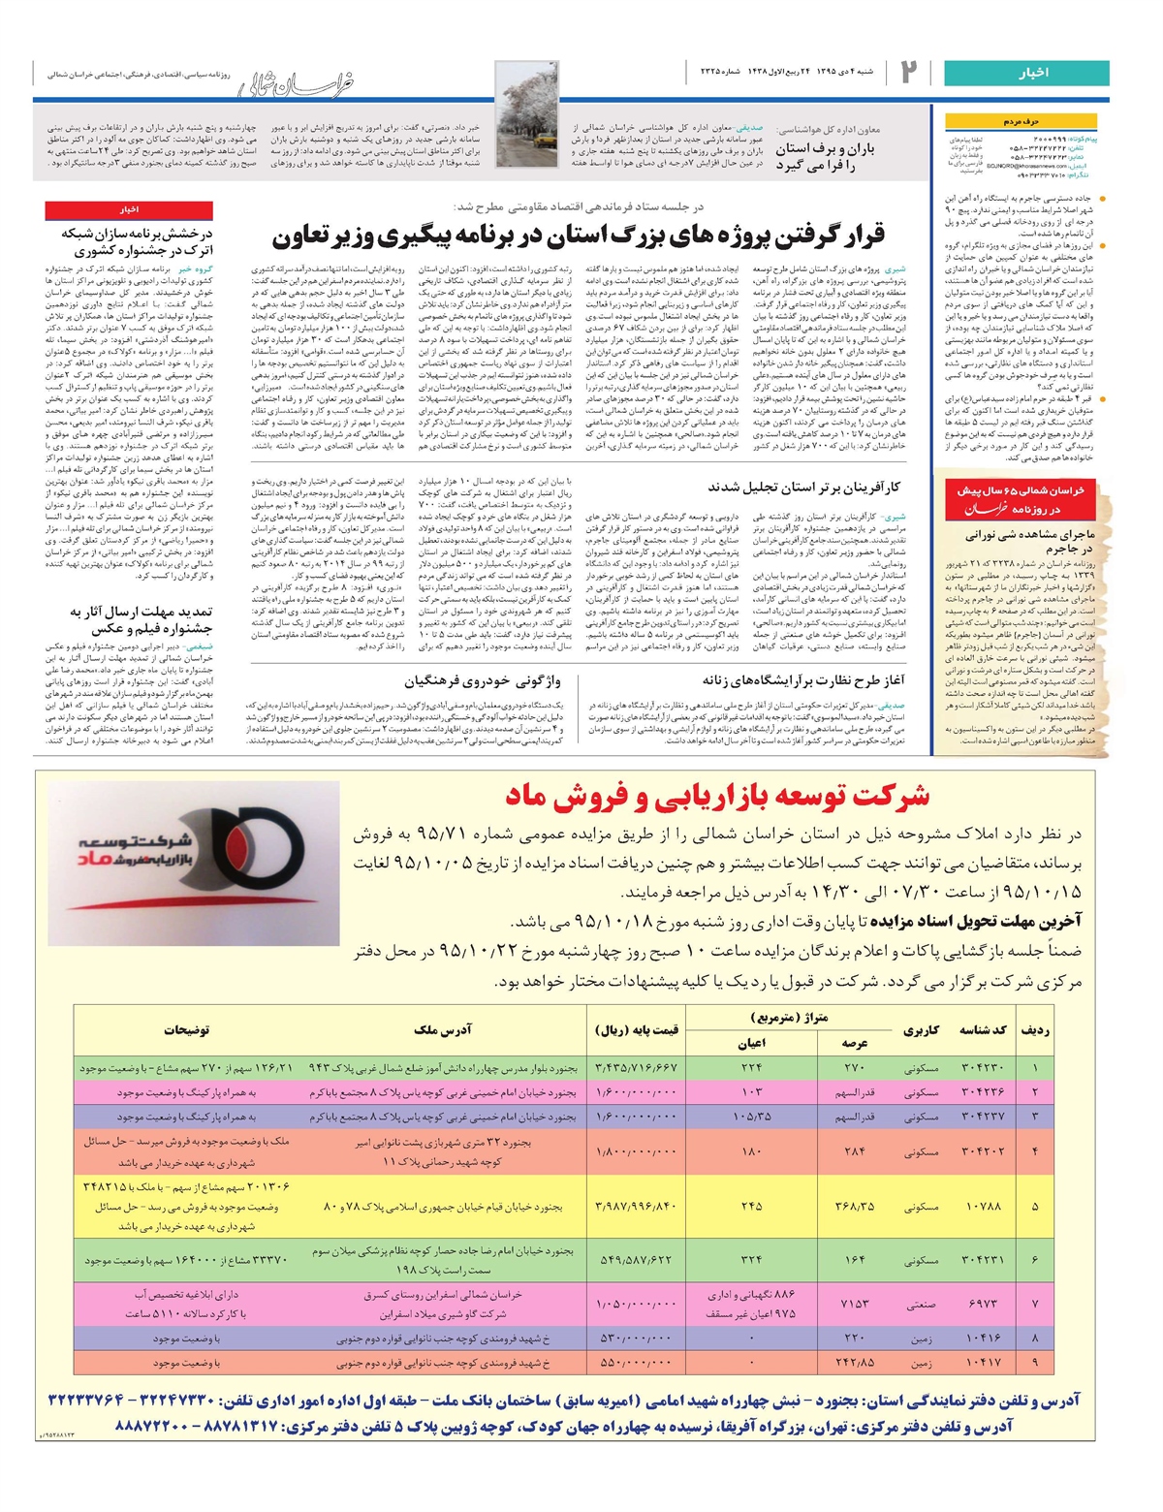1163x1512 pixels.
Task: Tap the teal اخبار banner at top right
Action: (1027, 74)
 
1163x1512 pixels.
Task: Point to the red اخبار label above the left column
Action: (129, 209)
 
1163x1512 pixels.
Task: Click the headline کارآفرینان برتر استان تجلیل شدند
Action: (804, 487)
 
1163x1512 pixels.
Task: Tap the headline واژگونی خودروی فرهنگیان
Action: (482, 681)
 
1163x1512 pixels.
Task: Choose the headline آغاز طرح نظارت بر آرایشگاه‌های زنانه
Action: (803, 681)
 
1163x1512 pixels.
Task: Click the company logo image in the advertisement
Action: (194, 863)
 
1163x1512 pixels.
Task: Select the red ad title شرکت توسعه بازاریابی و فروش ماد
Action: (717, 797)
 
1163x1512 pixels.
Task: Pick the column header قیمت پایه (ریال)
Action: (637, 1030)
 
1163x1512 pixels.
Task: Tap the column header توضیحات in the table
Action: (187, 1030)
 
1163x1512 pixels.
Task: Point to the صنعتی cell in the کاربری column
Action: (922, 1305)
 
